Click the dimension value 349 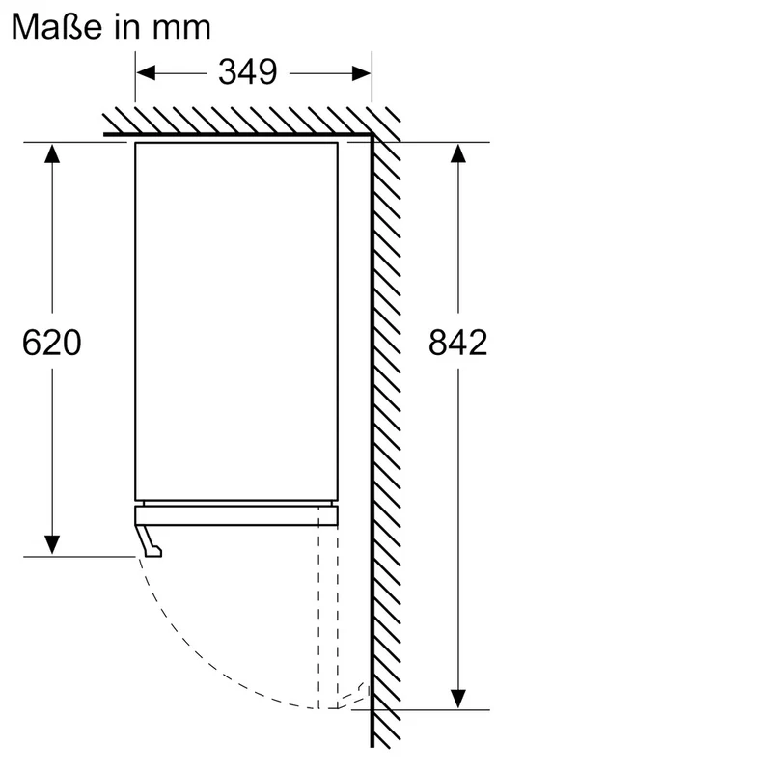[248, 72]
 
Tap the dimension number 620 [52, 343]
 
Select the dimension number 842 [457, 343]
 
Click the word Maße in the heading [56, 27]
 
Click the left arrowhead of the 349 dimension [146, 73]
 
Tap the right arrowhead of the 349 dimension [361, 74]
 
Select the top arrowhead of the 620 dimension [52, 153]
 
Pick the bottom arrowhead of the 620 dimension [52, 545]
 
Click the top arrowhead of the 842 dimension [457, 153]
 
